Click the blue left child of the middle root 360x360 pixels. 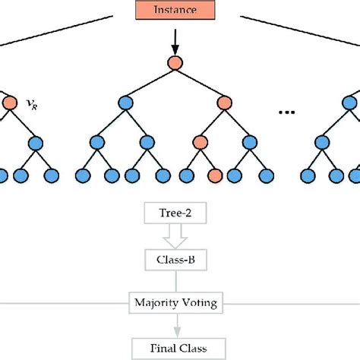point(126,103)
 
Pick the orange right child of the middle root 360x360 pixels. point(226,103)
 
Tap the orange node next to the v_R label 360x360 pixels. point(9,103)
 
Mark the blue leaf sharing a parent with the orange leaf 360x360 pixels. point(185,175)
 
